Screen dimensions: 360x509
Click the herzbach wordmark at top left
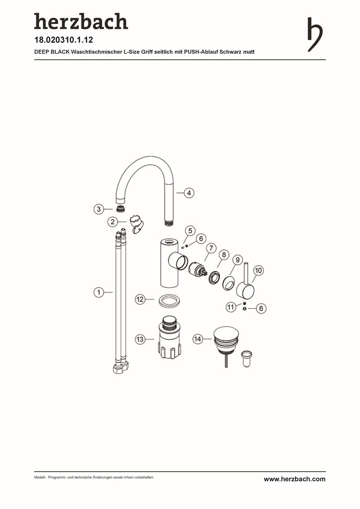(81, 21)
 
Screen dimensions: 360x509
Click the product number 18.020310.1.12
(64, 40)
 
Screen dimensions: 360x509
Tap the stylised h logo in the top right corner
(315, 34)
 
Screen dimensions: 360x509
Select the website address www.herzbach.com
(295, 479)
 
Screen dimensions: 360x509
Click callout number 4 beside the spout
(189, 193)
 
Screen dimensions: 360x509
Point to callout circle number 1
(99, 292)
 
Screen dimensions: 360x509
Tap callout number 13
(140, 339)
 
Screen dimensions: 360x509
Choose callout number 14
(197, 339)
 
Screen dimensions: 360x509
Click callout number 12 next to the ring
(140, 299)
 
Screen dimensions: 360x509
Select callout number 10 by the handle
(258, 270)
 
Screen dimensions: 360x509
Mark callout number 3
(99, 209)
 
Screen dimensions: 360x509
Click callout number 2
(113, 222)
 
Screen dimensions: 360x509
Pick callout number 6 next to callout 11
(262, 308)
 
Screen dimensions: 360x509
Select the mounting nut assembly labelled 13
(169, 337)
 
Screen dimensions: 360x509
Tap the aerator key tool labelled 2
(136, 224)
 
